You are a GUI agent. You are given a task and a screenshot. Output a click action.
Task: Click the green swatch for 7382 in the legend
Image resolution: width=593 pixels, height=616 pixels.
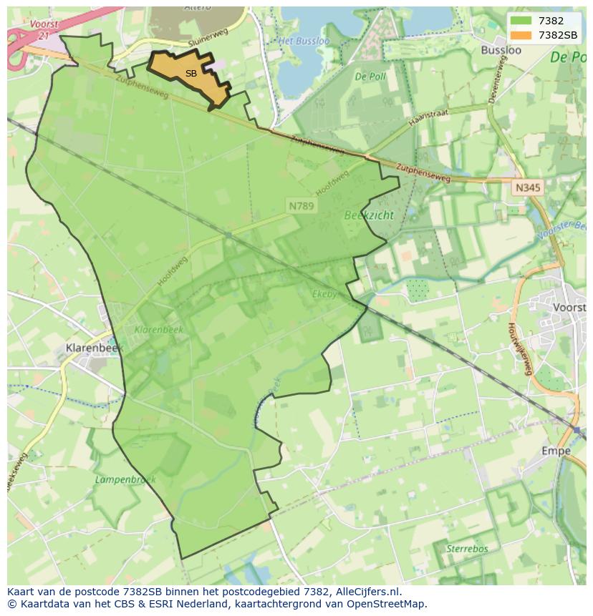coord(521,21)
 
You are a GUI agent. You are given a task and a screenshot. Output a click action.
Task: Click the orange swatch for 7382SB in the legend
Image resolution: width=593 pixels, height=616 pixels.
coord(521,36)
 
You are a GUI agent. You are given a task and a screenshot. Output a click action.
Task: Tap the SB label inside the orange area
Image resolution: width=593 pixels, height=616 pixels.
coord(191,74)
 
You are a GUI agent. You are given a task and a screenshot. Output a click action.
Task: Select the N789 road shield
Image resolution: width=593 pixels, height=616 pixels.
coord(302,205)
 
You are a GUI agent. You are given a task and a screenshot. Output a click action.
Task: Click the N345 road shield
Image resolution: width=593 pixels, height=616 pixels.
coord(528,187)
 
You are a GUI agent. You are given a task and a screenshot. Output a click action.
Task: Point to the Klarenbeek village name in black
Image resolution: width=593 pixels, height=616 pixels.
coord(94,347)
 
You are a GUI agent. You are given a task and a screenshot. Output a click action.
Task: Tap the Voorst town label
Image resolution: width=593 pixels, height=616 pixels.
coord(570,307)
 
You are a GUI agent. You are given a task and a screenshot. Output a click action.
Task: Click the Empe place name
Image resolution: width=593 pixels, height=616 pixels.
coord(556,451)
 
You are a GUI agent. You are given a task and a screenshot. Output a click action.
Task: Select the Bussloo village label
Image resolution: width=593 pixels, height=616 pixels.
coord(501,50)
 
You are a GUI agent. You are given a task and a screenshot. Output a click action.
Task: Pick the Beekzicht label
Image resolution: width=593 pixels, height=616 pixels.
coord(369,215)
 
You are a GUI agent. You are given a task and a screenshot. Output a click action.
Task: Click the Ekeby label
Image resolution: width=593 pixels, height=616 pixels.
coord(324,293)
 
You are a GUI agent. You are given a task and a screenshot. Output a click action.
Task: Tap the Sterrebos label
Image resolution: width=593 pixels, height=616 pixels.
coord(467,548)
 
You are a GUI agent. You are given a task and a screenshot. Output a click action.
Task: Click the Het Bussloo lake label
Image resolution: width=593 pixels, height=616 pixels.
coord(304,41)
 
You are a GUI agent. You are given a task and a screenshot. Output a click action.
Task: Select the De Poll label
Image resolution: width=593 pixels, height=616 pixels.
coord(370,76)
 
